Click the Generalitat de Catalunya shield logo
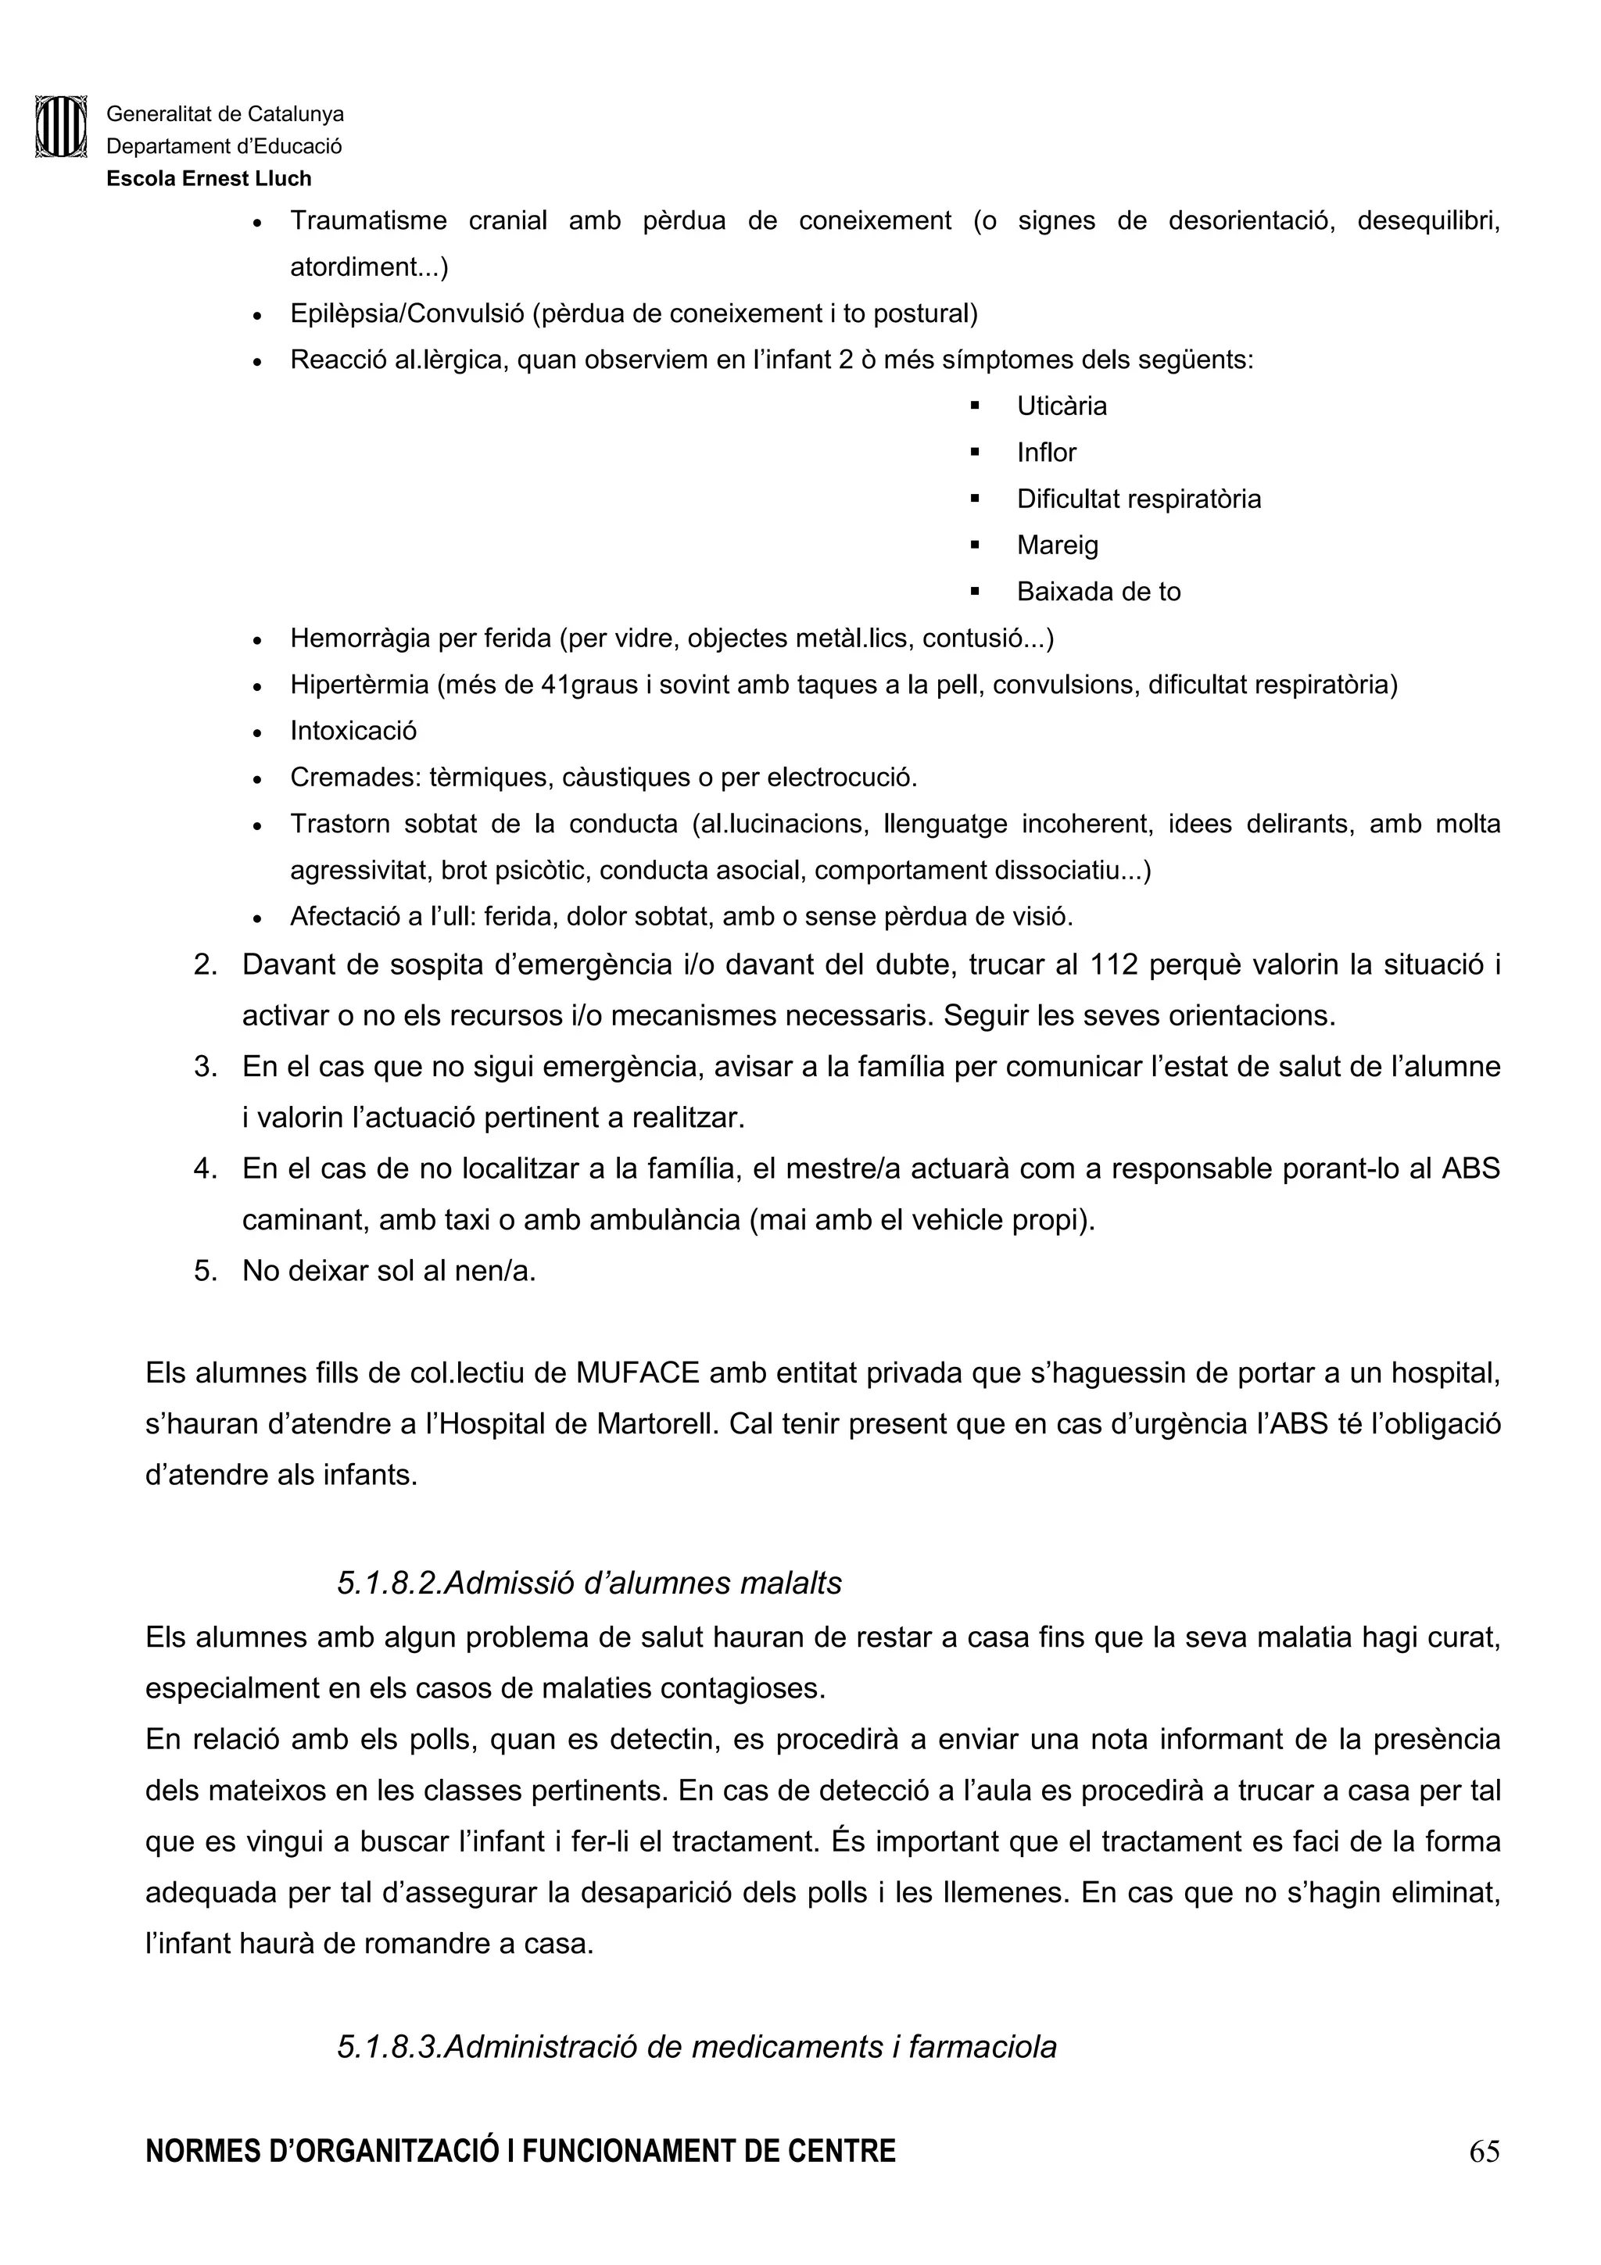pyautogui.click(x=60, y=127)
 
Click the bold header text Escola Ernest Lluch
pyautogui.click(x=208, y=178)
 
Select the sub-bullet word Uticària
pyautogui.click(x=1062, y=406)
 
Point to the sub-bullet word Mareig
pyautogui.click(x=1058, y=546)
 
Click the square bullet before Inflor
pyautogui.click(x=975, y=453)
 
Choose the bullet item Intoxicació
pyautogui.click(x=353, y=731)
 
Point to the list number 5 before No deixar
pyautogui.click(x=205, y=1271)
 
